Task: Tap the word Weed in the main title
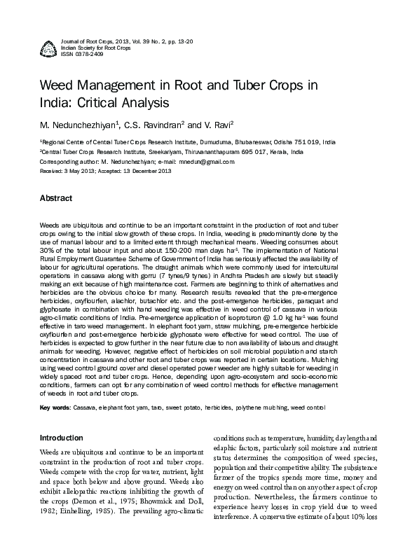pyautogui.click(x=58, y=86)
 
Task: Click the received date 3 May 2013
pyautogui.click(x=77, y=170)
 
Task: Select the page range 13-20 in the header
pyautogui.click(x=182, y=42)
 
